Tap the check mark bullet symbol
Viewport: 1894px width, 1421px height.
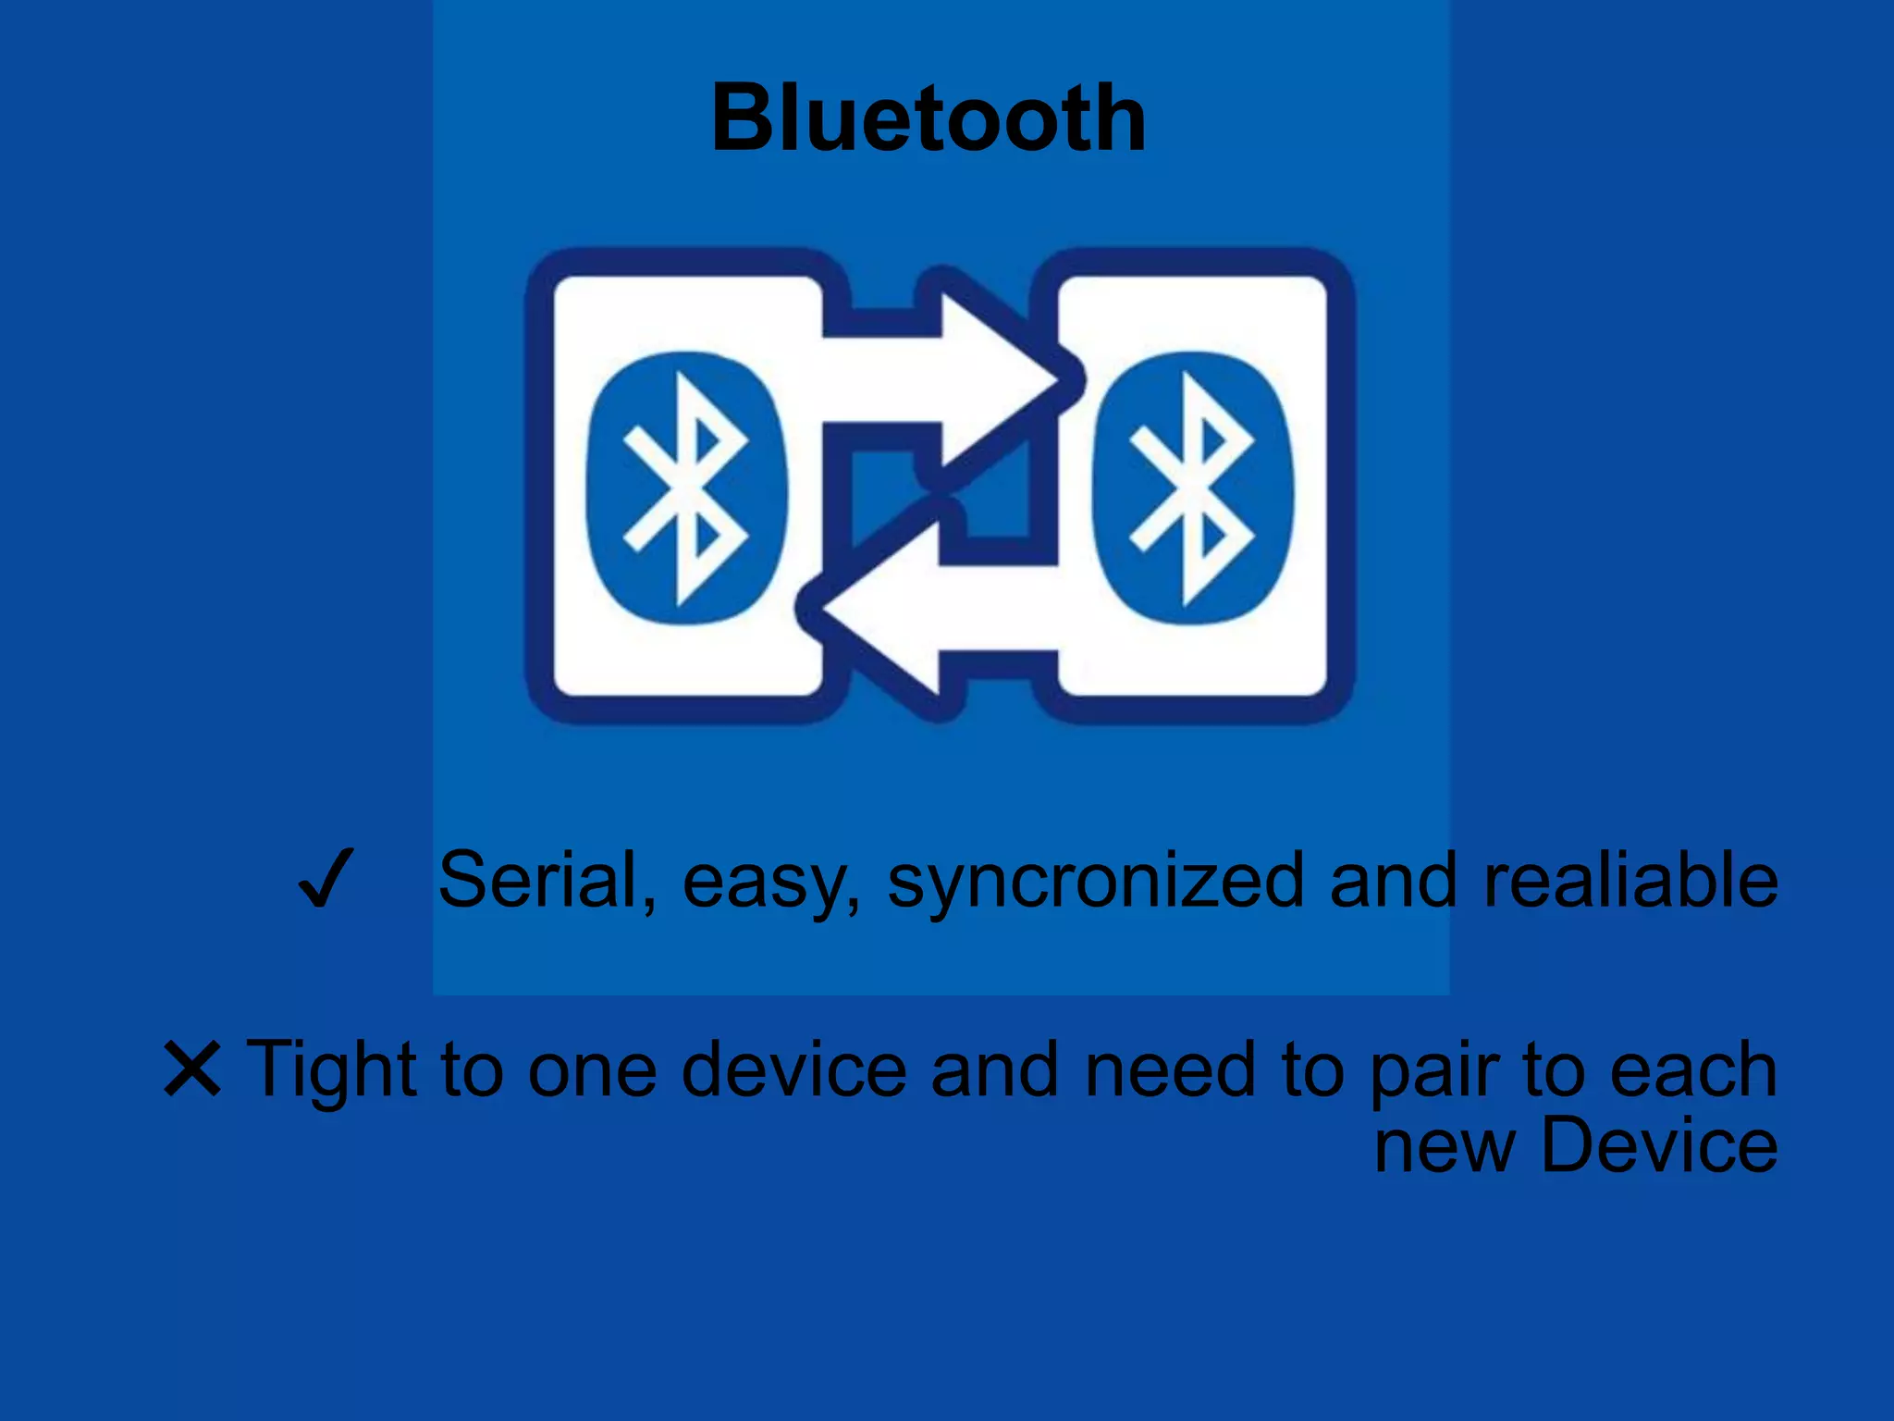pos(325,879)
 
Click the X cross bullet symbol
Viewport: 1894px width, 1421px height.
pos(192,1069)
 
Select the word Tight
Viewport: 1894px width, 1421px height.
pos(330,1070)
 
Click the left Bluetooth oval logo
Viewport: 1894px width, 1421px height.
pos(685,488)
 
